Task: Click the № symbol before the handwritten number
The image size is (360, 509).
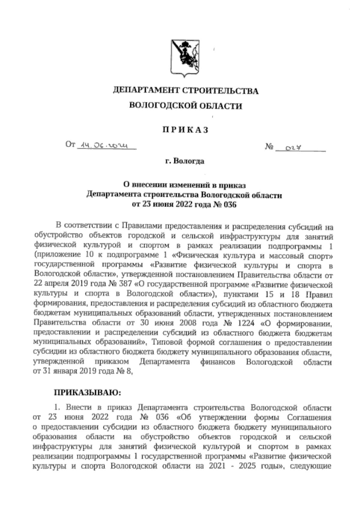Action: (269, 147)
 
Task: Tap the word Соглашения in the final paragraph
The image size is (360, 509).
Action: (309, 418)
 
